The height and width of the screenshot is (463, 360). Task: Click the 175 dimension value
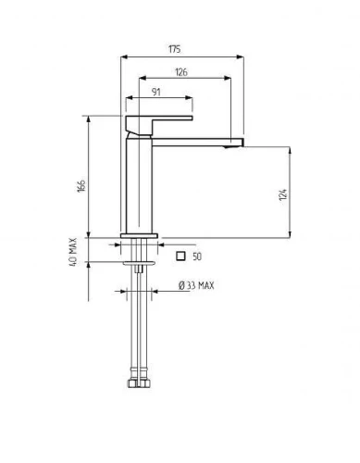(174, 49)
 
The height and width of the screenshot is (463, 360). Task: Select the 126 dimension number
(181, 72)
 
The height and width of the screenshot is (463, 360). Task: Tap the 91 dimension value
(156, 92)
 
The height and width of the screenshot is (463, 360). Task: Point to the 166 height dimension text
(81, 185)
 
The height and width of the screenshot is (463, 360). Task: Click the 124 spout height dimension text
(283, 194)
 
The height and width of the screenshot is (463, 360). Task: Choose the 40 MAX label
(72, 252)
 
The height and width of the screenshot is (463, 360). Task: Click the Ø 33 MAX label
(196, 285)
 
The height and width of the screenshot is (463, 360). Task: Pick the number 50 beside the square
(197, 257)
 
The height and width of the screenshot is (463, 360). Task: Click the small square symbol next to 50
(180, 256)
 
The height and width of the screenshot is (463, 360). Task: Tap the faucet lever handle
(155, 124)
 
